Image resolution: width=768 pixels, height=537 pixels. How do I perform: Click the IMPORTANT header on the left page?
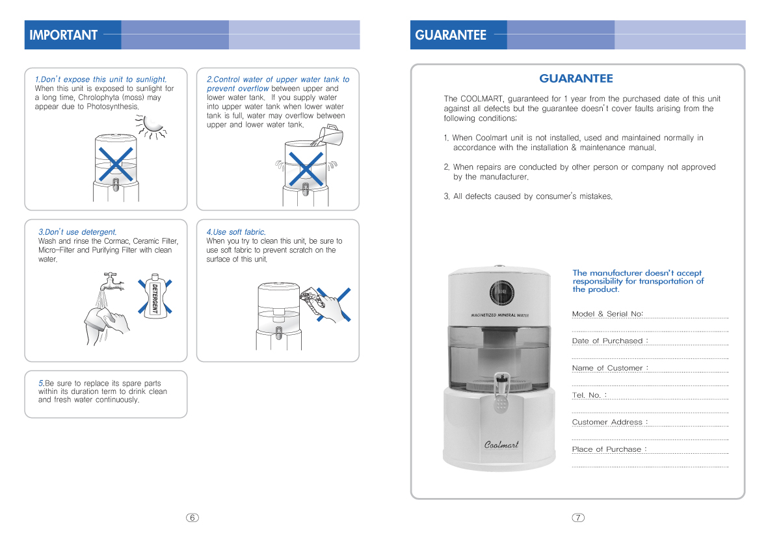tap(63, 35)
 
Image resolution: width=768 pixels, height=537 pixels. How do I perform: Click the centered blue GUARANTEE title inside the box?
tap(576, 79)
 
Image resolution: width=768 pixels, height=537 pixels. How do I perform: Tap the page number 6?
tap(192, 517)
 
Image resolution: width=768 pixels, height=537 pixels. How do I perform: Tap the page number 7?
tap(578, 517)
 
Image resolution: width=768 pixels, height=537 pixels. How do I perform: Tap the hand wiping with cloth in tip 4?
tap(328, 304)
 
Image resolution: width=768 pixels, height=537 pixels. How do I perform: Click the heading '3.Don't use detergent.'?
tap(77, 232)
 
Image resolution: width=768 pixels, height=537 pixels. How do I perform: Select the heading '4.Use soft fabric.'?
tap(236, 232)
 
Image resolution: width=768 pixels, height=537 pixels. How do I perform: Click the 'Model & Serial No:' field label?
tap(607, 314)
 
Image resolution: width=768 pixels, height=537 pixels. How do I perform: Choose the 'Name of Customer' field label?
tap(609, 368)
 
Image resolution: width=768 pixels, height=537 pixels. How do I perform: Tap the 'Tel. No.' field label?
tap(589, 395)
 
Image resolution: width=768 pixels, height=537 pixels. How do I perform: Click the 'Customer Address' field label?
tap(609, 422)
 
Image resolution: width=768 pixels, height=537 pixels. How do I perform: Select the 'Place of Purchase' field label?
tap(609, 449)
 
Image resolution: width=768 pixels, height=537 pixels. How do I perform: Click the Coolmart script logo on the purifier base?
tap(501, 445)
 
